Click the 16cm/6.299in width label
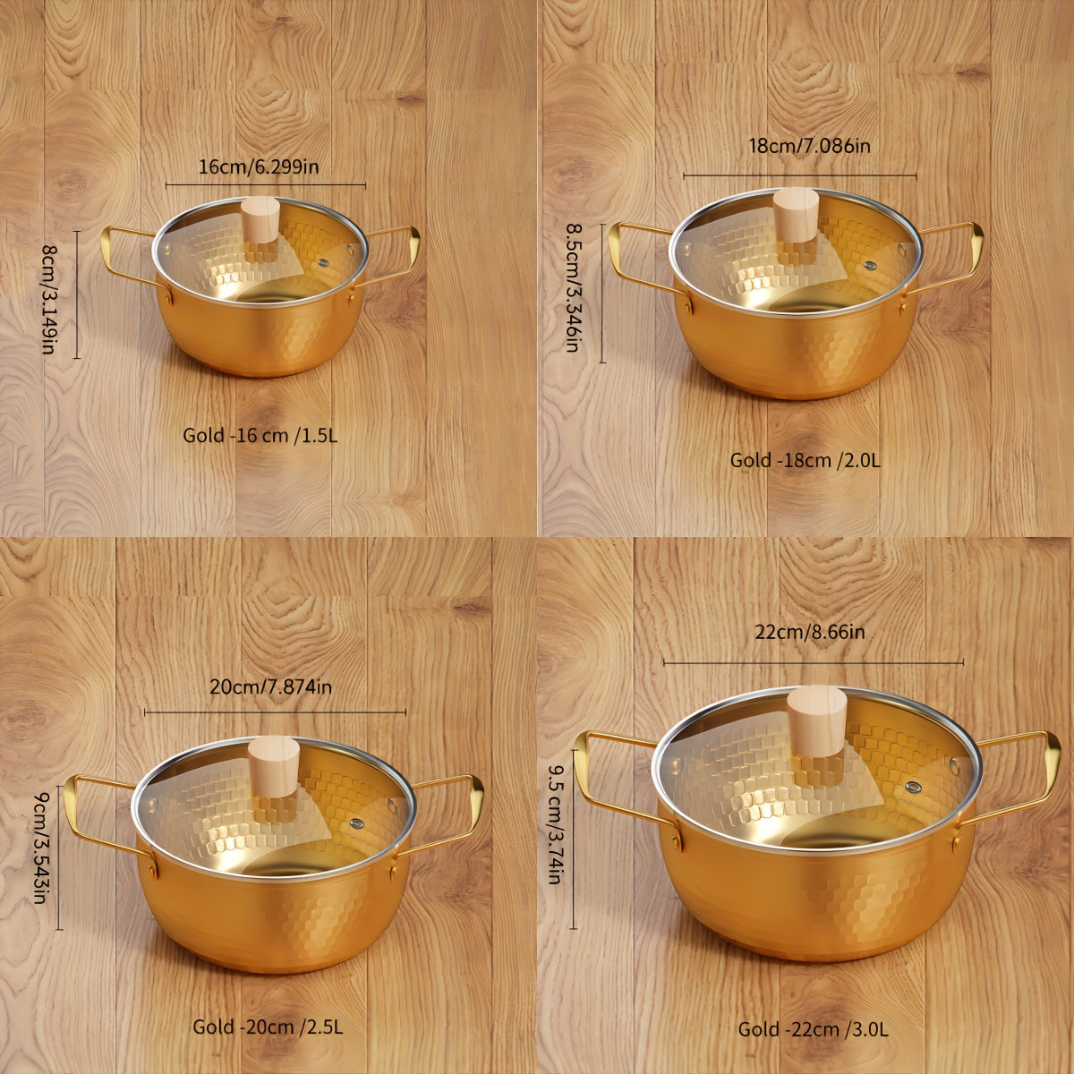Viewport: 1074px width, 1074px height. (258, 167)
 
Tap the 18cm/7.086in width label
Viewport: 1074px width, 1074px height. (809, 146)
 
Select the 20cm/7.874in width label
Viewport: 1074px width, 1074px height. (270, 686)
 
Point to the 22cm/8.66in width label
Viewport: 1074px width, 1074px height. (809, 633)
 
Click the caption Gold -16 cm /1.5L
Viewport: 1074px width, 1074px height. (260, 436)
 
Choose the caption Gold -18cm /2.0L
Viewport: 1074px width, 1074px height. (805, 460)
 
